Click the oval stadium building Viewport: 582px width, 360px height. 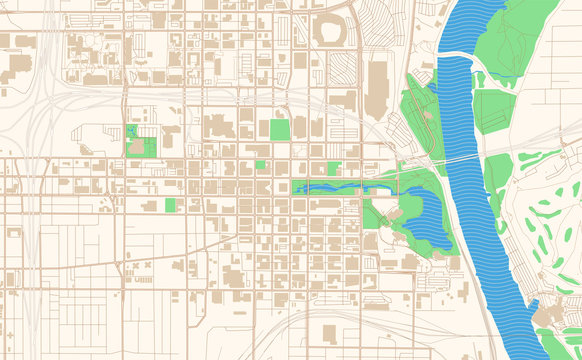coord(328,32)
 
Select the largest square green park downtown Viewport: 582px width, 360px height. coord(279,129)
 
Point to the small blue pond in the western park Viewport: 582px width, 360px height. coord(132,131)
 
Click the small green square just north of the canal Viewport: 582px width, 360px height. coord(333,168)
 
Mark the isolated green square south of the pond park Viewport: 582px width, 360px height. coord(170,205)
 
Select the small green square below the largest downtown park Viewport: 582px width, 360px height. coord(260,165)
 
